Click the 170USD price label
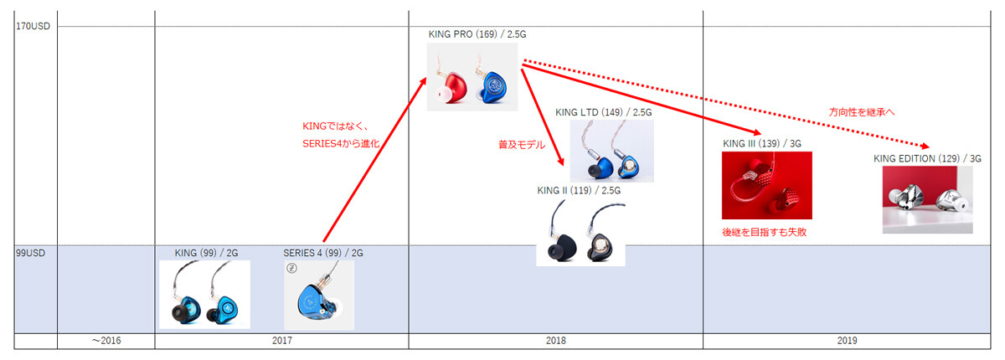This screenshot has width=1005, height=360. (33, 26)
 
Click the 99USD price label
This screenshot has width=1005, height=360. (30, 251)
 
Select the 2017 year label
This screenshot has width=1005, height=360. (281, 341)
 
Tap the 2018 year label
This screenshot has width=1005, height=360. (555, 341)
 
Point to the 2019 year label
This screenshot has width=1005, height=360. (848, 341)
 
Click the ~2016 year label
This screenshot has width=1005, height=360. (106, 341)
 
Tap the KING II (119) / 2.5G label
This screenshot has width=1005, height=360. (579, 190)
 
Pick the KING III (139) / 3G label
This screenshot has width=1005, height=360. (762, 143)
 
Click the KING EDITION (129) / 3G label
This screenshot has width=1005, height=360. (927, 157)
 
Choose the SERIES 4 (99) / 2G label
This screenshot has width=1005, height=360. (323, 252)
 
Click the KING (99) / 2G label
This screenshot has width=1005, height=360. (205, 251)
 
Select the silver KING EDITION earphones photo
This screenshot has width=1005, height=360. (927, 199)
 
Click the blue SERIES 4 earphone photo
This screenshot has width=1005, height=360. (318, 296)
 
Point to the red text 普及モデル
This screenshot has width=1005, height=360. (522, 145)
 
